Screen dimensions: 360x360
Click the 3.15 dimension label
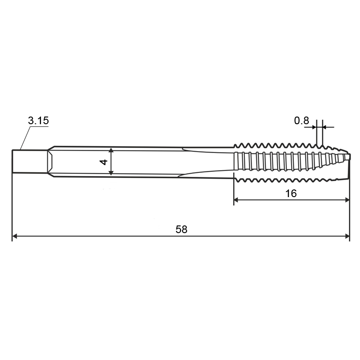(38, 121)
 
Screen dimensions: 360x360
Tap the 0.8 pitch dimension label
(301, 121)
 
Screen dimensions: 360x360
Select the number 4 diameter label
(104, 162)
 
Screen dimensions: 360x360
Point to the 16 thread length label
(291, 193)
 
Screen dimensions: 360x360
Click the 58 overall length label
(181, 229)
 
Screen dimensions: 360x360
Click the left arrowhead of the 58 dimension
(15, 236)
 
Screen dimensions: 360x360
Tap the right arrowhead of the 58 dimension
(347, 236)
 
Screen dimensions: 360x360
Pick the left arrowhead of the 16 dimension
(236, 200)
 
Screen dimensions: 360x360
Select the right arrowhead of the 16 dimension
(347, 200)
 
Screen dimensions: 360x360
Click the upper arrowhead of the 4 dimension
(111, 151)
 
